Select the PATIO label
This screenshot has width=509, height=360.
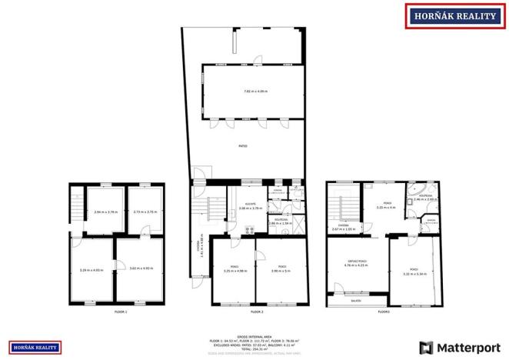[242, 145]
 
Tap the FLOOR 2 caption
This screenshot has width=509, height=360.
[256, 312]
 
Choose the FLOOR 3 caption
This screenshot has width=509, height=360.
[384, 312]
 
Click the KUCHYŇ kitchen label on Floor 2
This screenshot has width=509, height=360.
[250, 183]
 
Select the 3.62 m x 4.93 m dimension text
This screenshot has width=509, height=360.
[141, 268]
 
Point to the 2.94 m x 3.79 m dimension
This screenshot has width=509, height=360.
[105, 212]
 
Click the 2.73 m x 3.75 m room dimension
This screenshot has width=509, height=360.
[145, 212]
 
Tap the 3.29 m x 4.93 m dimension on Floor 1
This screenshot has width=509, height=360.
[91, 269]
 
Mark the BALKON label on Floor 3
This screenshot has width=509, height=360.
[356, 301]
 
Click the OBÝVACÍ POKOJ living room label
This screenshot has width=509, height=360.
[356, 262]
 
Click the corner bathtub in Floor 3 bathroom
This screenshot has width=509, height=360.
[418, 189]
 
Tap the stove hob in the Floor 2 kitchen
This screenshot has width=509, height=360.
[249, 229]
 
